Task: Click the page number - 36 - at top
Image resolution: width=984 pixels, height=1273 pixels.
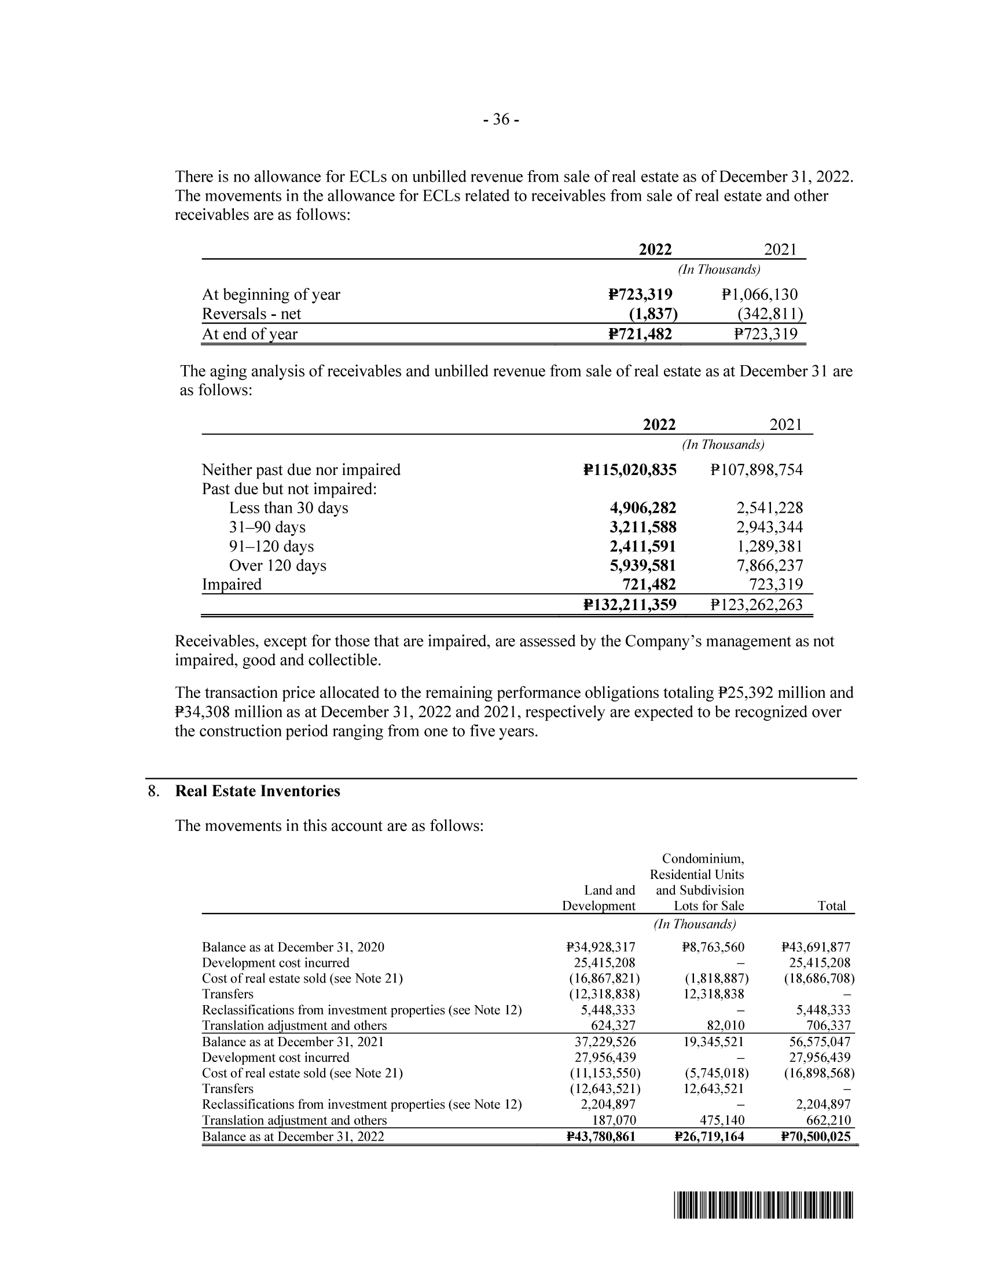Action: point(501,120)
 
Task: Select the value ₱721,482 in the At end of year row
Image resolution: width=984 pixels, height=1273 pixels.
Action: point(640,334)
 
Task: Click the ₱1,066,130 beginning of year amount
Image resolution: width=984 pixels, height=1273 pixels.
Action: point(759,295)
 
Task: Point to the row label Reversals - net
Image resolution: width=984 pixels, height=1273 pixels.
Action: point(251,314)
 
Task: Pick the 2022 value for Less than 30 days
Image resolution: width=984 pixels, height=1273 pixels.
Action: point(643,507)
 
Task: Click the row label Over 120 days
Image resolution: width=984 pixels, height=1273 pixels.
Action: point(277,565)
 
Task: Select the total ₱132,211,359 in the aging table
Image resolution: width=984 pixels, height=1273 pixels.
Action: point(630,605)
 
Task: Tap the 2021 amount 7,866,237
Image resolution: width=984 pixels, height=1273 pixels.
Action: point(769,565)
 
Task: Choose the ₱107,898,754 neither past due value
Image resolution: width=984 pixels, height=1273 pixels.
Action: point(756,470)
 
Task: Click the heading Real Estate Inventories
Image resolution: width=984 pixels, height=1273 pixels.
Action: point(258,791)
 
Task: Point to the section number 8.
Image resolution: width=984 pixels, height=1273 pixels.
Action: point(153,791)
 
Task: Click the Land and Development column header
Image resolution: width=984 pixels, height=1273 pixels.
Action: point(599,897)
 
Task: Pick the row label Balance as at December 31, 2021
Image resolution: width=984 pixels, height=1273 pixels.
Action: point(293,1042)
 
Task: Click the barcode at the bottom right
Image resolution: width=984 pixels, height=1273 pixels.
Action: point(763,1206)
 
